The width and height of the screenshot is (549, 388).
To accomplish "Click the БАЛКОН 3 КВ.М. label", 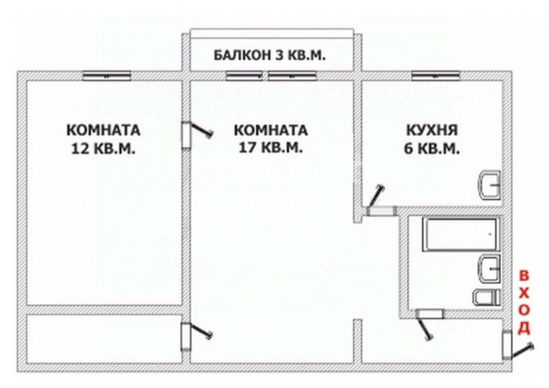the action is tap(269, 55).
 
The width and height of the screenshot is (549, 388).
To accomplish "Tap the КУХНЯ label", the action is tap(432, 130).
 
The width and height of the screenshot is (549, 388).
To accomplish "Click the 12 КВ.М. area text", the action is tap(103, 148).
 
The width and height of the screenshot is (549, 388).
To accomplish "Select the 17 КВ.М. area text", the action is tap(270, 147).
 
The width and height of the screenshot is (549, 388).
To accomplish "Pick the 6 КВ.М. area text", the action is tap(432, 149).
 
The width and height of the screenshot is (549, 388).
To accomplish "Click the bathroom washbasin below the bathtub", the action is tap(490, 268).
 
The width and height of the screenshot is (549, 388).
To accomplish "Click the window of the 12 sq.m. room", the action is tap(107, 76).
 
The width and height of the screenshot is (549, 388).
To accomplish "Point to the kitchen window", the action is tap(436, 76).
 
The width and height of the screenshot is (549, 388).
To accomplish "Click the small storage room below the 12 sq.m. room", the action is tap(104, 338).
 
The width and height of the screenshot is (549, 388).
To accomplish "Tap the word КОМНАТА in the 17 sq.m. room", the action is tap(270, 130).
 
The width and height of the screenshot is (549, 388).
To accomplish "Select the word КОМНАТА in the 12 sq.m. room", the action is tap(103, 130).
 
